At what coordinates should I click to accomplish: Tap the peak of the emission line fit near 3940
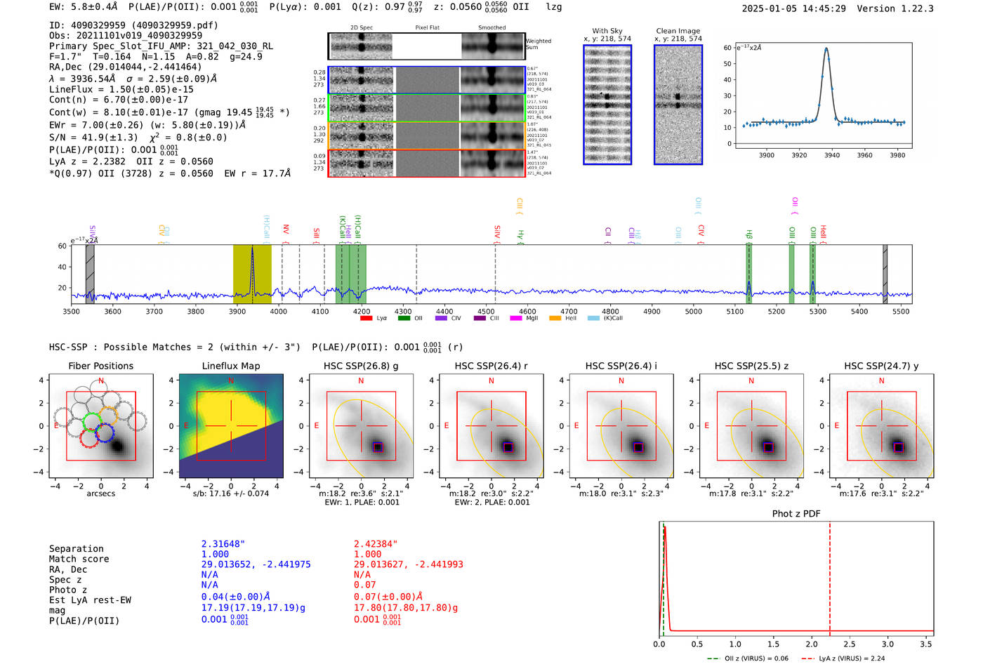(x=826, y=49)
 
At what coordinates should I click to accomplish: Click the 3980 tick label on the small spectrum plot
(x=897, y=155)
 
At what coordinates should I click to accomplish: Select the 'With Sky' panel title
(x=607, y=31)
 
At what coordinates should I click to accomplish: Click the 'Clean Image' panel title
(x=678, y=31)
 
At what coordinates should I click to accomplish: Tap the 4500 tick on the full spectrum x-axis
(x=486, y=311)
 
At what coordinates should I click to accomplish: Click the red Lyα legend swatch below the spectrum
(x=366, y=319)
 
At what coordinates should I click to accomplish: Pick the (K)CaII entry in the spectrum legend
(x=613, y=319)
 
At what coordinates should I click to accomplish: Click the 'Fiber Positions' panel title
(x=100, y=366)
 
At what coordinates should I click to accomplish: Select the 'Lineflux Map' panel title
(x=231, y=366)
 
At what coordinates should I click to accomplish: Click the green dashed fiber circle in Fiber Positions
(x=92, y=422)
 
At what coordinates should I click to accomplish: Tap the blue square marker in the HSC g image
(x=377, y=447)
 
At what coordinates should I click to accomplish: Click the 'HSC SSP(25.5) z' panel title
(x=751, y=366)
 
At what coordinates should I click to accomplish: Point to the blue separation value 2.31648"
(x=223, y=544)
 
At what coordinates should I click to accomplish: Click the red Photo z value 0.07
(x=364, y=585)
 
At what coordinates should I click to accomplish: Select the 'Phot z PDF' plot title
(x=796, y=514)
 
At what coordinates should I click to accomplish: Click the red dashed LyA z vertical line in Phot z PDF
(x=830, y=576)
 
